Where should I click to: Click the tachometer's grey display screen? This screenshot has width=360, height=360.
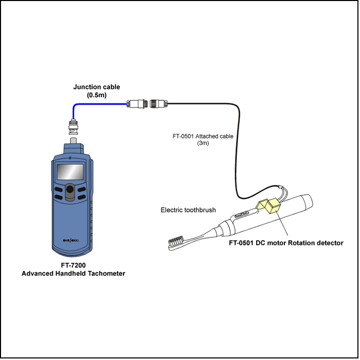(70, 172)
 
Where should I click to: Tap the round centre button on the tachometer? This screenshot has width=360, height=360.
(70, 189)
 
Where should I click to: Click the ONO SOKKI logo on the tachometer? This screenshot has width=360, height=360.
(70, 240)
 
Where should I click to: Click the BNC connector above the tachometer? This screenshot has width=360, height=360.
(73, 127)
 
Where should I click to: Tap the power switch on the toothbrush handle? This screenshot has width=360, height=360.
(242, 214)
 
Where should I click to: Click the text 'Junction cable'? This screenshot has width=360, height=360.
(97, 87)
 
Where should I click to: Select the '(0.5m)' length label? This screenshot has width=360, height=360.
(97, 95)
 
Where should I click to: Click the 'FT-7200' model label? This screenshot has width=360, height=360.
(73, 265)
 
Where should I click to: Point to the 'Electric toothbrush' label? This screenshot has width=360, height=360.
(188, 210)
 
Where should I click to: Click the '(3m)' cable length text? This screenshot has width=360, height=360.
(203, 143)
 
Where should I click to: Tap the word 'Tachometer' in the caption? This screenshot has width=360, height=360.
(106, 274)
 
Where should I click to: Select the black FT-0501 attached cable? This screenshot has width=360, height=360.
(237, 149)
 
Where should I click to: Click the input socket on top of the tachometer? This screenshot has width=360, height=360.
(73, 140)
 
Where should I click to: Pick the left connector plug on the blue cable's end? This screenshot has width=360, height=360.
(137, 104)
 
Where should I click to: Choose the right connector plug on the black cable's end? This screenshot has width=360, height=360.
(158, 104)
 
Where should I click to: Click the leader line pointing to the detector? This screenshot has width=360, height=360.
(282, 223)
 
